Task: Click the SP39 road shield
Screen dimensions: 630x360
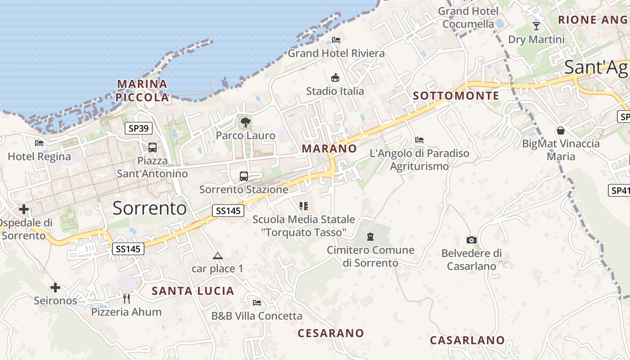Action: [x=139, y=128]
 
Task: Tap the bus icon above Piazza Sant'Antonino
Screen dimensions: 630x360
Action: [x=153, y=147]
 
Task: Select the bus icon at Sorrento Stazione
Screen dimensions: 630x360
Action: [x=244, y=176]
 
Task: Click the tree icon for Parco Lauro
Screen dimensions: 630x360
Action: [x=245, y=122]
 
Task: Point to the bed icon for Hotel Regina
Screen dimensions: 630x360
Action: [x=39, y=143]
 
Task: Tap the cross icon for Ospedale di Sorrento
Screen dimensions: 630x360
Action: [x=24, y=209]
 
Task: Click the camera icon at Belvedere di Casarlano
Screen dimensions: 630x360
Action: [x=472, y=240]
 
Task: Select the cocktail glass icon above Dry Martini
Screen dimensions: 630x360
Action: [x=536, y=26]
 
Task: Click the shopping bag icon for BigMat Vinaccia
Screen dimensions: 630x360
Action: [x=561, y=130]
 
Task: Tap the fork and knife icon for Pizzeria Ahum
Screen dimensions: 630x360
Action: [x=126, y=298]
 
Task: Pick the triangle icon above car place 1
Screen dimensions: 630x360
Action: [x=218, y=256]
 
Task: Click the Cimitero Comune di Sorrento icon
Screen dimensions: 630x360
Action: [x=370, y=236]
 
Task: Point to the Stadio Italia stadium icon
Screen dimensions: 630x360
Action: [x=335, y=77]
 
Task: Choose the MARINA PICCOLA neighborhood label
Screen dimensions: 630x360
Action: [x=142, y=90]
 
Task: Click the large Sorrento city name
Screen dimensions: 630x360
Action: [x=149, y=208]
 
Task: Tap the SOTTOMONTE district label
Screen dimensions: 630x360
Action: [x=456, y=96]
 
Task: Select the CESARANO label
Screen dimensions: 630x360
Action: [x=331, y=333]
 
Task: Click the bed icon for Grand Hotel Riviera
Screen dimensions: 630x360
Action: [x=336, y=40]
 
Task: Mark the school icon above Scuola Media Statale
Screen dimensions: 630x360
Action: [x=304, y=206]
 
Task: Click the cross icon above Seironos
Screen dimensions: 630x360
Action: [x=55, y=287]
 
